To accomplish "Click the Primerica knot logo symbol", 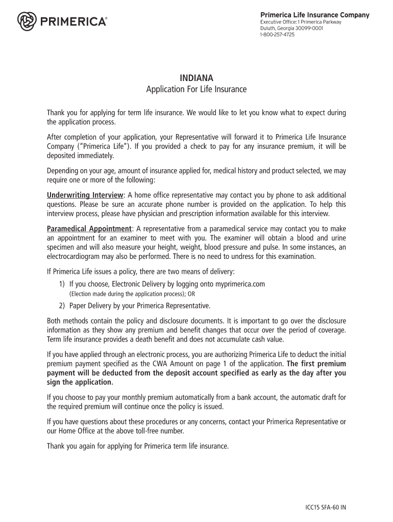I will [27, 21].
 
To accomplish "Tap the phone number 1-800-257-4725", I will [277, 35].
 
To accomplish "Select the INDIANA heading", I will [196, 78].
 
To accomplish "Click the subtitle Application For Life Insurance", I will [196, 90].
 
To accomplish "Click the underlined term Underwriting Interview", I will [85, 195].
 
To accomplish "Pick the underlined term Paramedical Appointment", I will [89, 228].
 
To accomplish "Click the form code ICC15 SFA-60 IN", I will [323, 508].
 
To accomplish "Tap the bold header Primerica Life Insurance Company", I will [314, 15].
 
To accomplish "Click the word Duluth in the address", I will [268, 28].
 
